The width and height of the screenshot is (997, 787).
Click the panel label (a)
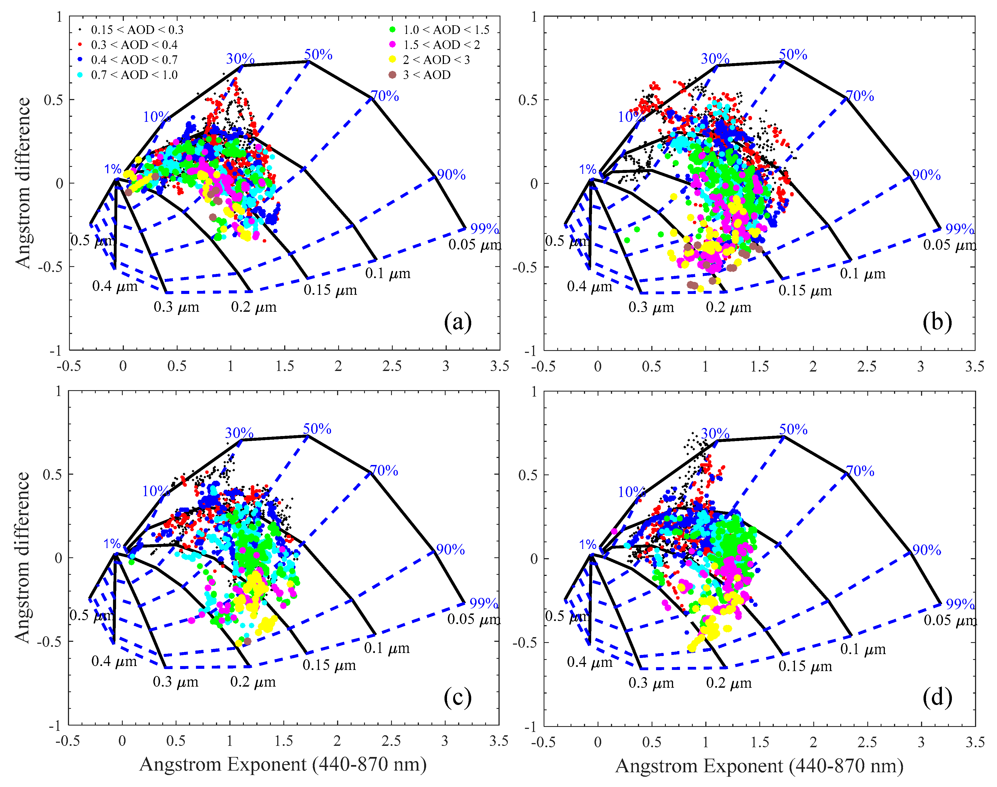[x=458, y=322]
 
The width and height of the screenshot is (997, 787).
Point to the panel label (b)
[x=937, y=322]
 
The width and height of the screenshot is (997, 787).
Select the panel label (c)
[x=458, y=697]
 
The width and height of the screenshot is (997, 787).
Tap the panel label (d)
[x=937, y=697]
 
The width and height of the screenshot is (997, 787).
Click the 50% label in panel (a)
[x=318, y=55]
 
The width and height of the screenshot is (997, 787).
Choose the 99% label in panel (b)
[x=960, y=229]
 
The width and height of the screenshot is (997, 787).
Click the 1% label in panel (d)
[x=588, y=544]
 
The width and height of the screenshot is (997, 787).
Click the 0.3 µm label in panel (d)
[x=651, y=683]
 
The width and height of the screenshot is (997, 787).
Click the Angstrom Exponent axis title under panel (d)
[x=758, y=766]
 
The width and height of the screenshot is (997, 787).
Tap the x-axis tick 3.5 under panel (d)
[x=974, y=742]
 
